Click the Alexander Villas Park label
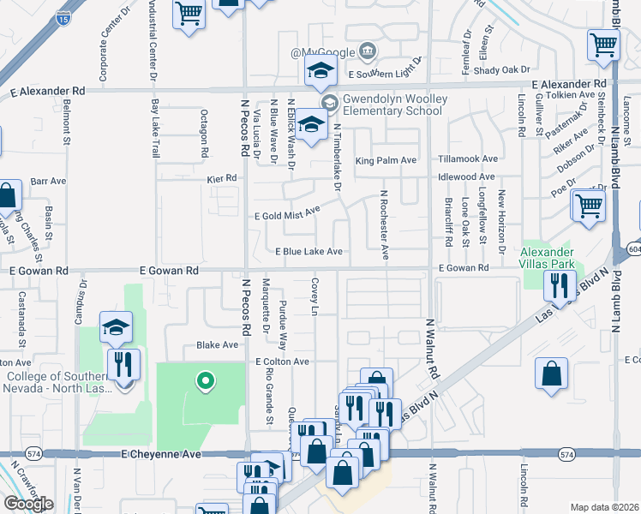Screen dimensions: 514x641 549,257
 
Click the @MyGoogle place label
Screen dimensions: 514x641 322,53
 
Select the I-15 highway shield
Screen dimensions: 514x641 63,16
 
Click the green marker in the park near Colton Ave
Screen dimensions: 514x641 204,381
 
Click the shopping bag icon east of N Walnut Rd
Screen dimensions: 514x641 551,373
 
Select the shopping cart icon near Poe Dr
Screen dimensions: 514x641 590,206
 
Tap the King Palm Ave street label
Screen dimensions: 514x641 386,160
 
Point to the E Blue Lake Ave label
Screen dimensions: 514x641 309,252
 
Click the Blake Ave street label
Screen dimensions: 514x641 217,345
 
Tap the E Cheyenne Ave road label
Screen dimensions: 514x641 161,454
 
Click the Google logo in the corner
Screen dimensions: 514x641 28,504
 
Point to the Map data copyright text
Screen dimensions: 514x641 605,507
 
